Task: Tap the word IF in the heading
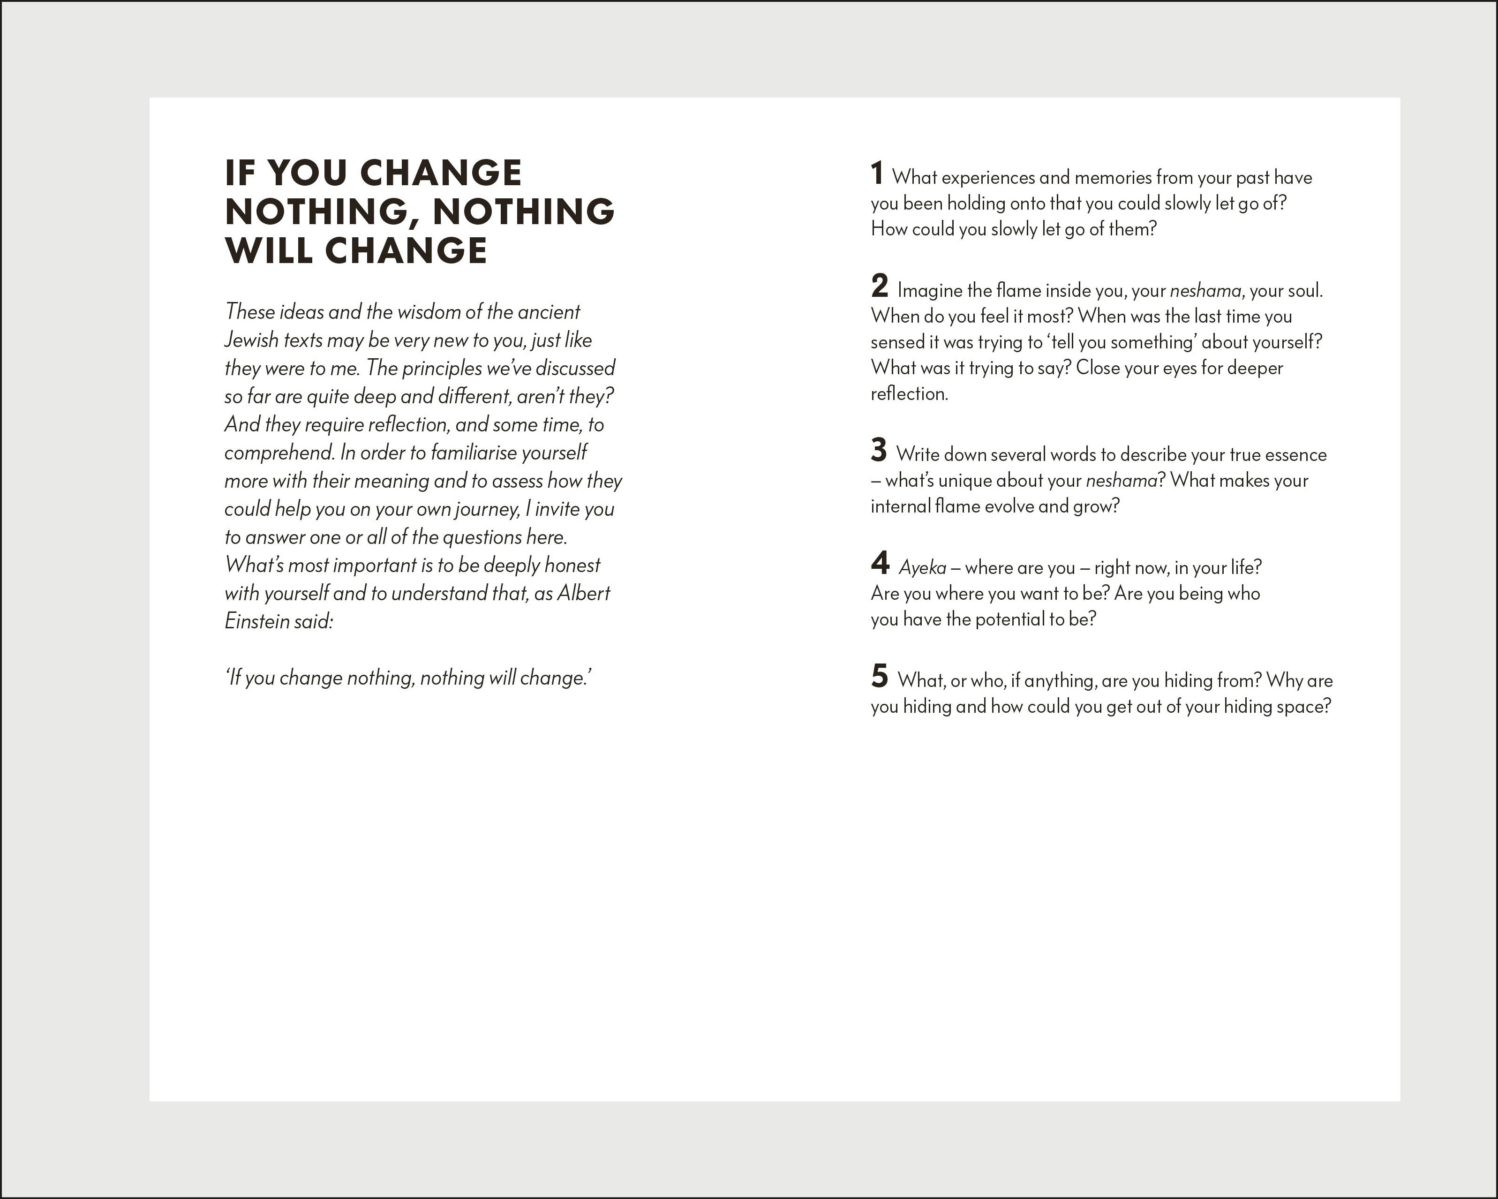click(239, 173)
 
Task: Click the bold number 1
click(877, 173)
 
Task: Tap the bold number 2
click(879, 286)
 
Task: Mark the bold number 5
click(879, 676)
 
